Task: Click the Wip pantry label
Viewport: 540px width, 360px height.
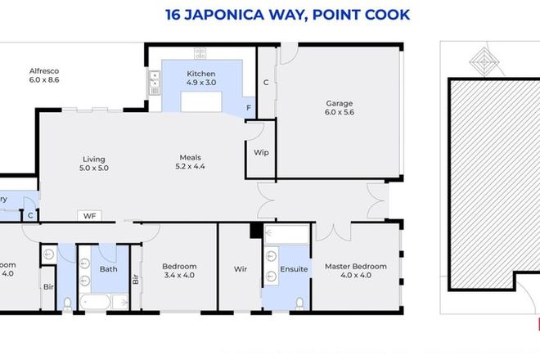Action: (x=262, y=153)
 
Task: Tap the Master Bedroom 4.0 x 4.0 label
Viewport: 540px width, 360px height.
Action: (x=355, y=271)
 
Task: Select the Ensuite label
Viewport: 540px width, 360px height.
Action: (x=294, y=269)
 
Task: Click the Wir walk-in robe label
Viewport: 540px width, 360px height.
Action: (x=241, y=269)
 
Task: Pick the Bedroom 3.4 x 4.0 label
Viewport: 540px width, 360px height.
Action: (x=178, y=271)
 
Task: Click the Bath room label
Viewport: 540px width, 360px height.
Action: (x=109, y=268)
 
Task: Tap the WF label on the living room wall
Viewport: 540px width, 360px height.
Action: (x=89, y=216)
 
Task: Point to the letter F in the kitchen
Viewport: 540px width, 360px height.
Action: (x=248, y=107)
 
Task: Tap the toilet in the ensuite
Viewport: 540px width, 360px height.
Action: (x=299, y=303)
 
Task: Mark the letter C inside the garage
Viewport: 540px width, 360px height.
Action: (x=266, y=83)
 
